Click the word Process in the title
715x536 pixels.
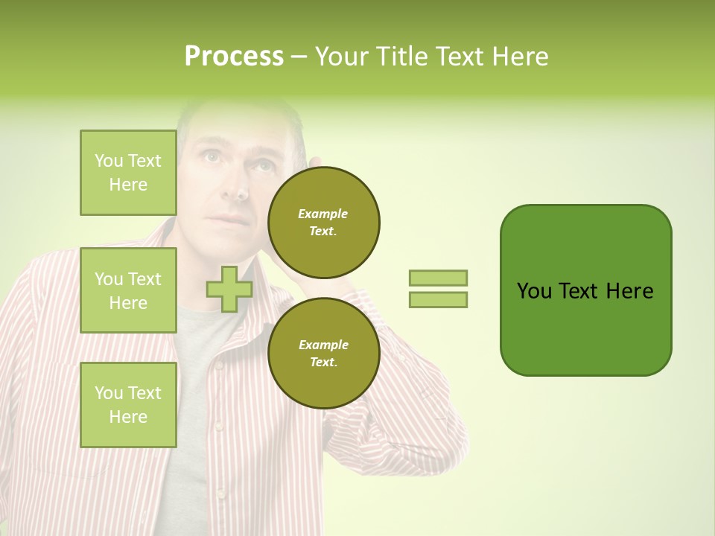tap(234, 57)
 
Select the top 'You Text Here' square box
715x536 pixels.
tap(128, 173)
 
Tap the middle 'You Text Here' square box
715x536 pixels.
tap(128, 290)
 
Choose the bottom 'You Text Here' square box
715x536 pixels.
tap(128, 405)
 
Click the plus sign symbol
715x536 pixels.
tap(229, 289)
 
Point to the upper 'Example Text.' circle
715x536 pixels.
tap(323, 223)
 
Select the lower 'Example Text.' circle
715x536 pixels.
tap(323, 354)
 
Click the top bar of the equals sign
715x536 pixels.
tap(438, 278)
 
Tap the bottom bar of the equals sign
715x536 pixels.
tap(438, 299)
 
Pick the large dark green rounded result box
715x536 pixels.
tap(585, 290)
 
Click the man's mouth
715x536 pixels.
tap(232, 220)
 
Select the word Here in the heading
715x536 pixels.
tap(519, 57)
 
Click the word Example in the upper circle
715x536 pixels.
tap(322, 214)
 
